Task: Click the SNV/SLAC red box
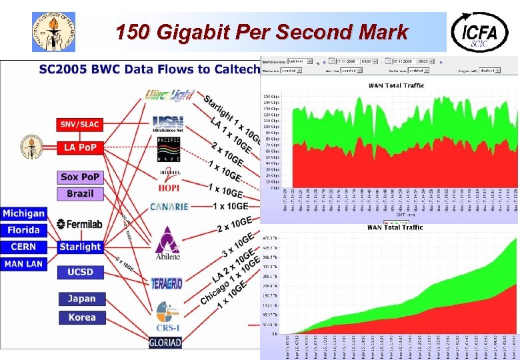79,124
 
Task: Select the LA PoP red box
79,147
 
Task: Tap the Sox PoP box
79,177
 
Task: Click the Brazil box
79,194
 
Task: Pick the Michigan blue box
23,213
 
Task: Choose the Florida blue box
23,230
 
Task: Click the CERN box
23,247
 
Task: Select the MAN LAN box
23,264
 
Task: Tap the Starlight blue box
79,247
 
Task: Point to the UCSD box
79,272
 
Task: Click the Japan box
81,299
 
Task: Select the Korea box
81,317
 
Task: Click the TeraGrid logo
166,283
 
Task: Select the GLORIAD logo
165,343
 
